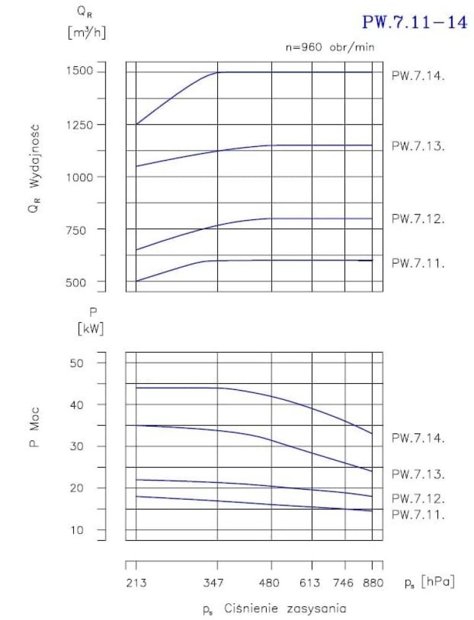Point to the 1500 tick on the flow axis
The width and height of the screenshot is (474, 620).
pyautogui.click(x=81, y=72)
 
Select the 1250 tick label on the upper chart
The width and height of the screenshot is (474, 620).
pyautogui.click(x=81, y=125)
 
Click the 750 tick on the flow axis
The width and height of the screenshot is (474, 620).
pyautogui.click(x=84, y=229)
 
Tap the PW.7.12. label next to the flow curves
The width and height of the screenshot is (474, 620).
pyautogui.click(x=418, y=219)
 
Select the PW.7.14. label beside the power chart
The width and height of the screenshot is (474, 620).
pyautogui.click(x=418, y=438)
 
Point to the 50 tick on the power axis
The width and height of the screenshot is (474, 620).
pyautogui.click(x=92, y=363)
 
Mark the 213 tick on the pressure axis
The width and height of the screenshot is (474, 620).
pyautogui.click(x=135, y=583)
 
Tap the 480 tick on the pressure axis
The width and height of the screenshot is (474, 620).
pyautogui.click(x=272, y=583)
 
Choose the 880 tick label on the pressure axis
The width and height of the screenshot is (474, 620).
pyautogui.click(x=372, y=583)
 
